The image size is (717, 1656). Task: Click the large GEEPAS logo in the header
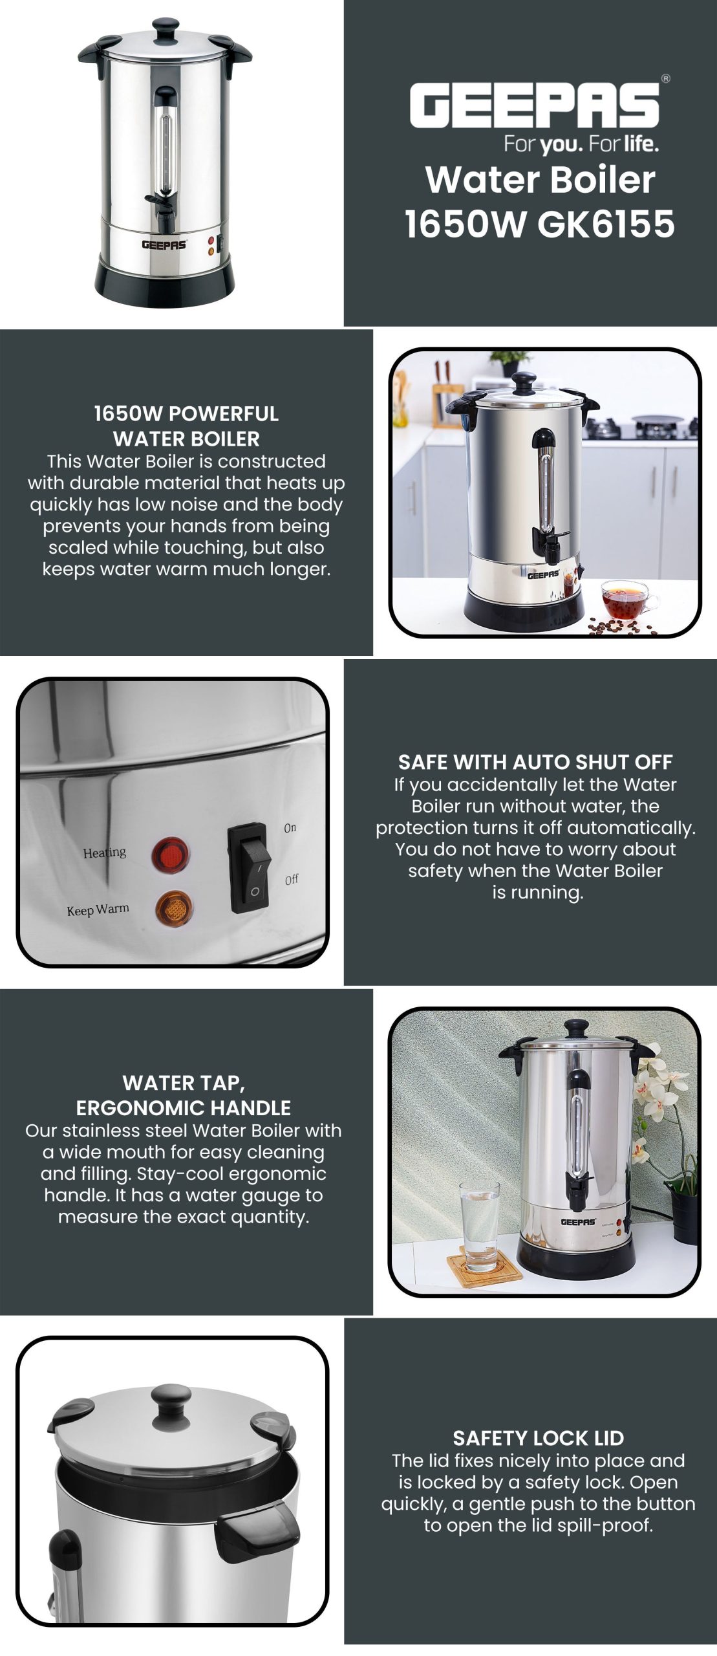(x=535, y=105)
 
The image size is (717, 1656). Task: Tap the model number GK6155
(x=606, y=224)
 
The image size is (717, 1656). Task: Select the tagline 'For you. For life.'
(x=581, y=144)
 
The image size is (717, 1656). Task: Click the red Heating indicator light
(x=171, y=854)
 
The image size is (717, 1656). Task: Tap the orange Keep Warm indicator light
(x=173, y=908)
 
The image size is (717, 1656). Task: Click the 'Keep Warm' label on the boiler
(x=98, y=910)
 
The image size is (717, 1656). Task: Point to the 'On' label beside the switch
(x=290, y=828)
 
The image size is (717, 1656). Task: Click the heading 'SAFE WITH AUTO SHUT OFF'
(x=535, y=762)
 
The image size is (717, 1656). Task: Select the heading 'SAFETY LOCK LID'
(x=538, y=1438)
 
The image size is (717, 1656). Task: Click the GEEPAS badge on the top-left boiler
(x=164, y=245)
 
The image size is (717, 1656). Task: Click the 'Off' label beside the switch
(x=292, y=880)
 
